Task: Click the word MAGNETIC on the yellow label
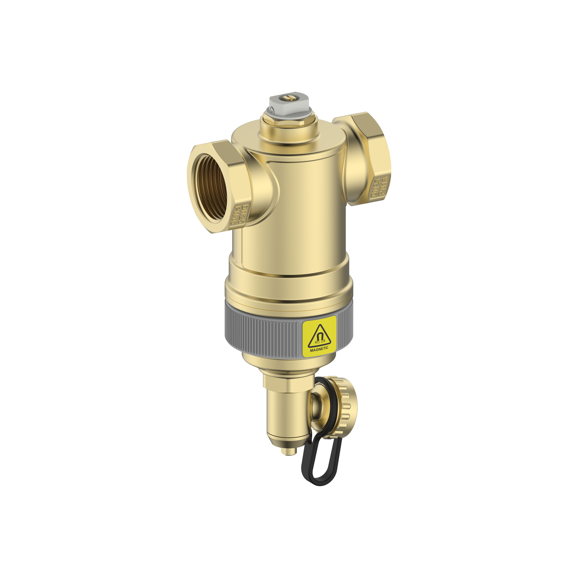coord(319,348)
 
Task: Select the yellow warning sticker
coord(319,336)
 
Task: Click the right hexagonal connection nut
coord(371,159)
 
